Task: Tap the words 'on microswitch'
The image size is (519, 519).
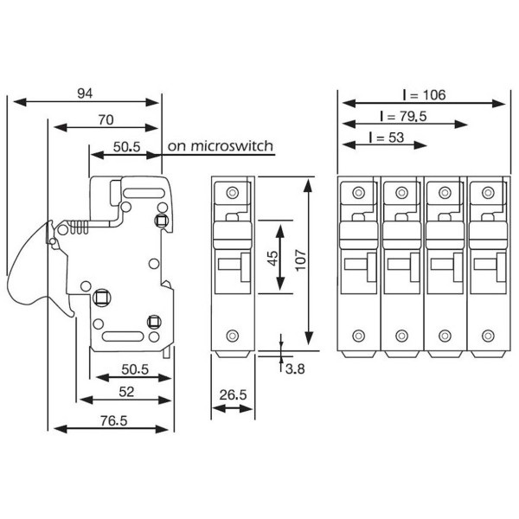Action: (221, 145)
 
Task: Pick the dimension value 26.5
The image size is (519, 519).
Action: (231, 395)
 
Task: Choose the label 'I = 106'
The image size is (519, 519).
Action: (424, 94)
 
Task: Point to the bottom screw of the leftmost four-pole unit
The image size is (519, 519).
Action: (359, 336)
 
